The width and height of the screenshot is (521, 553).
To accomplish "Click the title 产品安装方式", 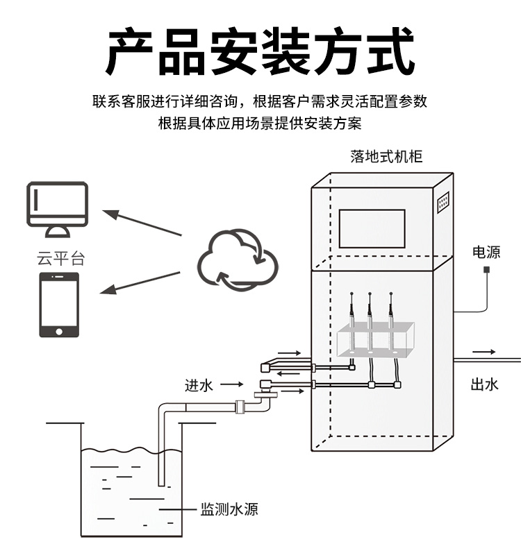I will coord(260,51).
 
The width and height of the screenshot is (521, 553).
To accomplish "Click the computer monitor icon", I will coord(57,210).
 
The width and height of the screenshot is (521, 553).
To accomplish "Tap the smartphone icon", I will coord(58,305).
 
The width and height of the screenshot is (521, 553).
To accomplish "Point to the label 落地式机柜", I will coord(386,157).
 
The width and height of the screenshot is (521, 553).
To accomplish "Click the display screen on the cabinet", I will coord(372,228).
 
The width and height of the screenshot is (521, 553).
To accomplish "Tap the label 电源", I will coord(486,252).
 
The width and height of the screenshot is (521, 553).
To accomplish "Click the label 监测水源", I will coord(229,510).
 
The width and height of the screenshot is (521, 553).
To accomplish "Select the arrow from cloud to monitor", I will coord(142,223).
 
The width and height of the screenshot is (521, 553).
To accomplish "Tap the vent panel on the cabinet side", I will coord(442,201).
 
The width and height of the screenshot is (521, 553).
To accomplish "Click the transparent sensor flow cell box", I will coord(375,340).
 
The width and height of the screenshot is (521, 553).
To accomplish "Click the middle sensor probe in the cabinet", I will coord(370,319).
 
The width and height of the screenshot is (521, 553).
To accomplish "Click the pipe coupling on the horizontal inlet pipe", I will coord(240,407).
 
